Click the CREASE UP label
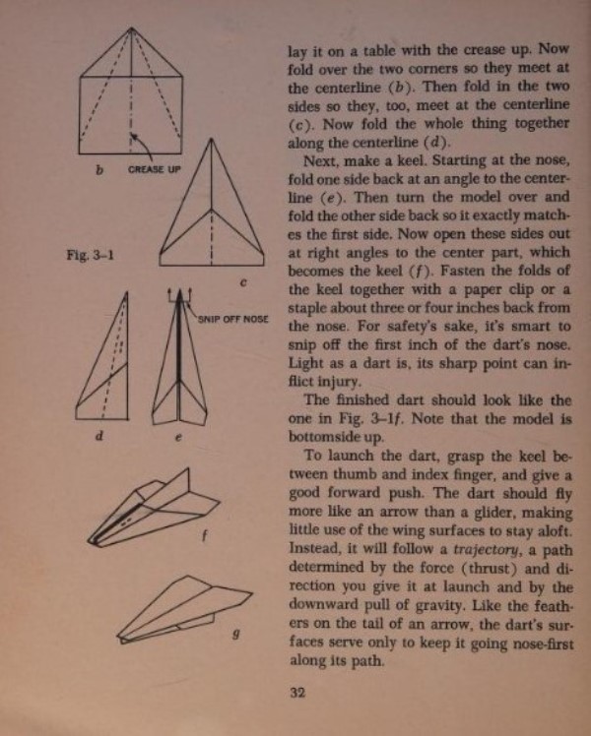(155, 169)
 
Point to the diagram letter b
(99, 170)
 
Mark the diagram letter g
(234, 632)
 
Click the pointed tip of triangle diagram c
(213, 139)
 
